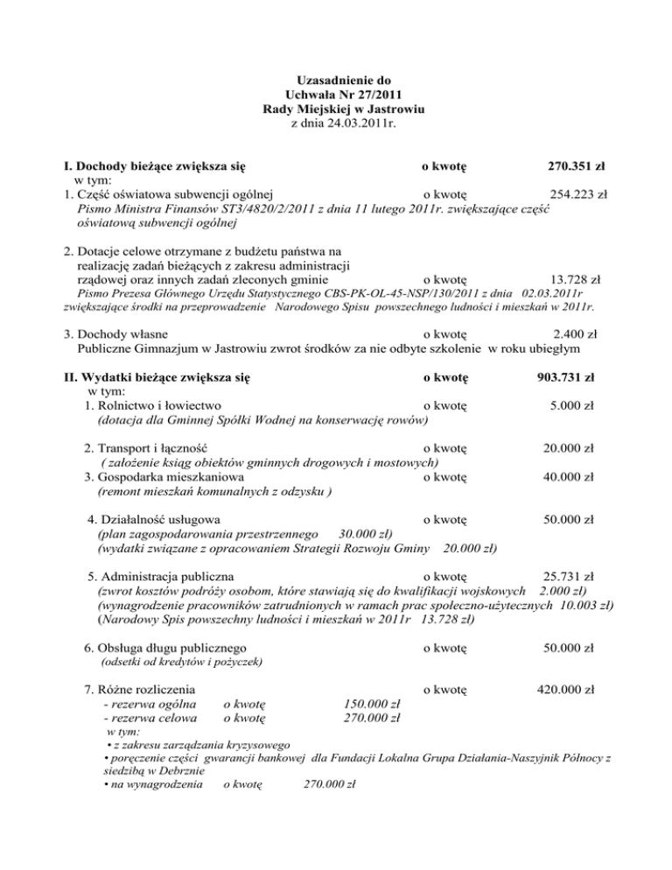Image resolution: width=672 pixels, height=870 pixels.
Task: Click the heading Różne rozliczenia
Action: pyautogui.click(x=141, y=690)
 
